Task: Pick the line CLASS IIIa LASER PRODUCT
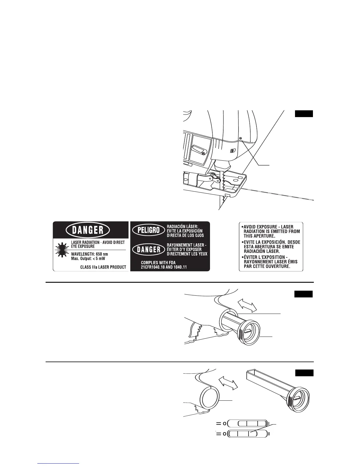[x=103, y=267]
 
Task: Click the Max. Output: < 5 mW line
[x=88, y=259]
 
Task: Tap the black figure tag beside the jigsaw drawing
[x=304, y=114]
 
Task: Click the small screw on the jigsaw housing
[x=241, y=138]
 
